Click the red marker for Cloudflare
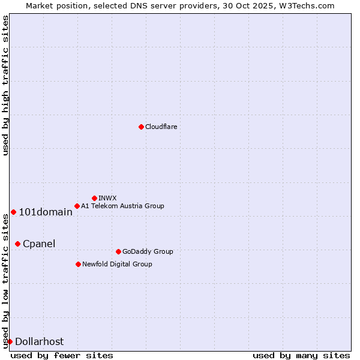click(141, 127)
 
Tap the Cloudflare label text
click(161, 127)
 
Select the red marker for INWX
click(94, 198)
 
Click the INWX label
click(107, 198)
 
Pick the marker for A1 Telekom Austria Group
click(77, 206)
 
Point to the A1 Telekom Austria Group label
click(122, 206)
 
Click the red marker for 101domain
click(13, 212)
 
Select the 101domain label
click(46, 212)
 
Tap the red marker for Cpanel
click(17, 244)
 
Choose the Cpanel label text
click(39, 244)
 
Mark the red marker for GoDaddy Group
click(118, 251)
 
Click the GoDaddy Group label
click(148, 251)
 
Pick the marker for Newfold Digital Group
click(78, 264)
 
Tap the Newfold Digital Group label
click(117, 264)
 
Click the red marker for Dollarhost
click(10, 341)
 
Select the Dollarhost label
click(39, 341)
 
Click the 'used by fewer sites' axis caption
click(62, 355)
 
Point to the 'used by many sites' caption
click(301, 355)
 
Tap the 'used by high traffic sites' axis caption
click(5, 85)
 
